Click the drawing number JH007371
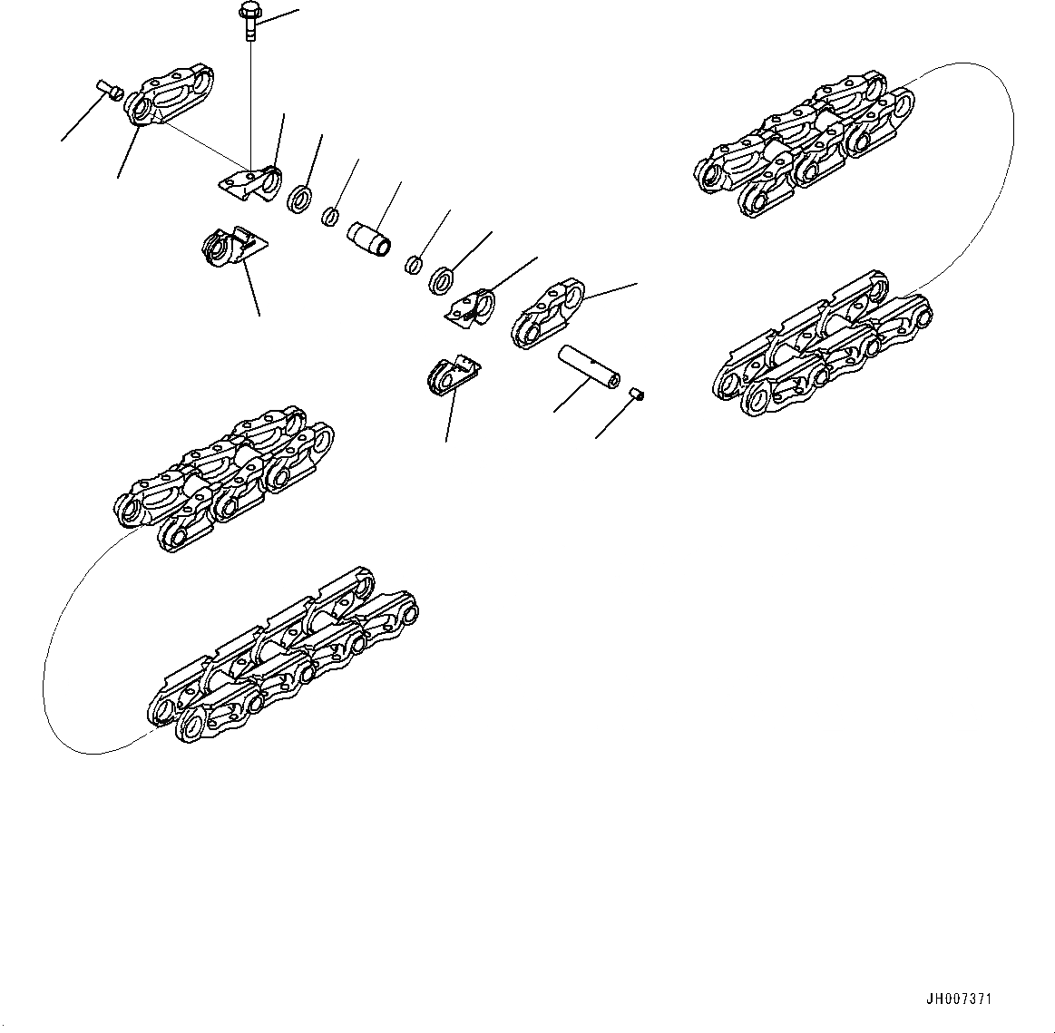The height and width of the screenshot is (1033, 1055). pos(959,999)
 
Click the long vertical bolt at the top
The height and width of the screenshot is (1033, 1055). pos(249,22)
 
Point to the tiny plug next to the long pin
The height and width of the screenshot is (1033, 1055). pos(636,392)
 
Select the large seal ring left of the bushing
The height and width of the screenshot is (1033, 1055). pos(301,199)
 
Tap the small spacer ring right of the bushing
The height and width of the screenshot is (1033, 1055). pos(413,264)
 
